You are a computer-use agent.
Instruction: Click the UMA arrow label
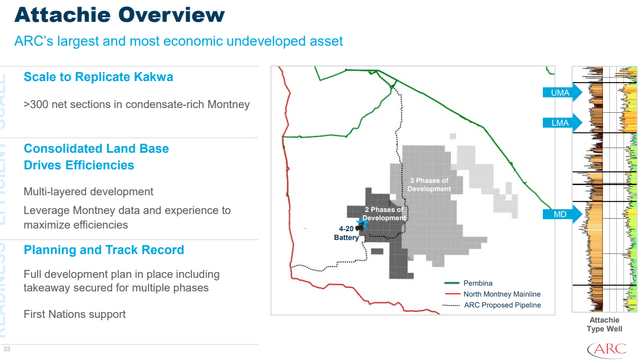click(x=558, y=93)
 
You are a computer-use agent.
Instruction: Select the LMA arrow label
click(x=558, y=122)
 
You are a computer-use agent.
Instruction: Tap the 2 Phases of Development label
click(x=384, y=213)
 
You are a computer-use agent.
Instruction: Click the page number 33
click(x=6, y=349)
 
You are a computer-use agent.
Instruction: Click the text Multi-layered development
click(x=88, y=191)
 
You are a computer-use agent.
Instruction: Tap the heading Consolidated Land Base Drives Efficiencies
click(x=95, y=157)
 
